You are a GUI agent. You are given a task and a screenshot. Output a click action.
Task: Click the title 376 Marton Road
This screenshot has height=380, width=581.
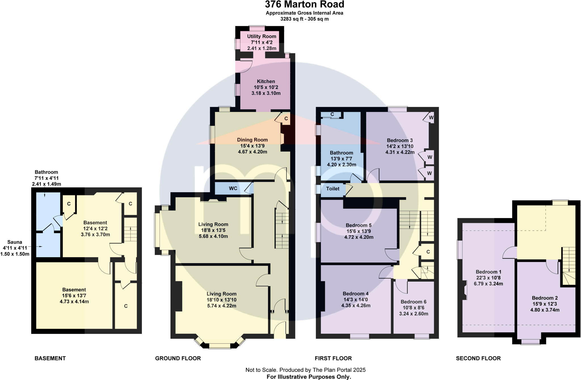point(304,5)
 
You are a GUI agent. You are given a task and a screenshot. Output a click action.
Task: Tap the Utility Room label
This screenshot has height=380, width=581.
point(261,37)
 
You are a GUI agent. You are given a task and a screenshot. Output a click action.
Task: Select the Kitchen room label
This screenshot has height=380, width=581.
point(266,81)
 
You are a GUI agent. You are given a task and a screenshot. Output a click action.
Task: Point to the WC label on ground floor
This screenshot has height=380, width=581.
point(233,189)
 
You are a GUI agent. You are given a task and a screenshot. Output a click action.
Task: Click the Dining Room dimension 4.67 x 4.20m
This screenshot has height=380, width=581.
point(252,152)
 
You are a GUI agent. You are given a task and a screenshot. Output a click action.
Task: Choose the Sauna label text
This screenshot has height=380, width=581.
point(14,242)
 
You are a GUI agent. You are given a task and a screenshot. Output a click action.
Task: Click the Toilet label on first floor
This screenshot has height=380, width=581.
point(332,189)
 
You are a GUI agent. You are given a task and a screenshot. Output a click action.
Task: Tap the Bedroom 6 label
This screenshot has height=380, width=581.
point(413,302)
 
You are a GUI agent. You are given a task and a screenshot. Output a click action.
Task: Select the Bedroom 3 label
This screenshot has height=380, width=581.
point(399,140)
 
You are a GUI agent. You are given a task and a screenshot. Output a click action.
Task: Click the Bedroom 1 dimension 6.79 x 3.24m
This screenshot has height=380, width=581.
point(488,284)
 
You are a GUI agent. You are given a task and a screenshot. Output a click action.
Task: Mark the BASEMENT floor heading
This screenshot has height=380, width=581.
point(50,358)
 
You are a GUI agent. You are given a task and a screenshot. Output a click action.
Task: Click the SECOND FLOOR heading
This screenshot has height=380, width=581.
point(478,358)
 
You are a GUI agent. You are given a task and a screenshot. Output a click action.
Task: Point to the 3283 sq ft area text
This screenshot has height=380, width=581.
point(304,19)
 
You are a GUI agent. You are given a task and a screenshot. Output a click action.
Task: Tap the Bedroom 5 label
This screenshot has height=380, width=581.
point(358,225)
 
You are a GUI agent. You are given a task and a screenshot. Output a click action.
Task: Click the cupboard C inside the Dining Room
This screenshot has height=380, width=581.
point(286,119)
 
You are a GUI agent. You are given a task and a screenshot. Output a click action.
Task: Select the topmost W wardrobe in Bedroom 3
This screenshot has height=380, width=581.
point(431,117)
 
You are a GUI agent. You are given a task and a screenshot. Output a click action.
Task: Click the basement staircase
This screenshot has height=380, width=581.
point(130,230)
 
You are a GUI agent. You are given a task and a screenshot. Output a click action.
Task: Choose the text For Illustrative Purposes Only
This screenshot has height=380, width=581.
point(309,377)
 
